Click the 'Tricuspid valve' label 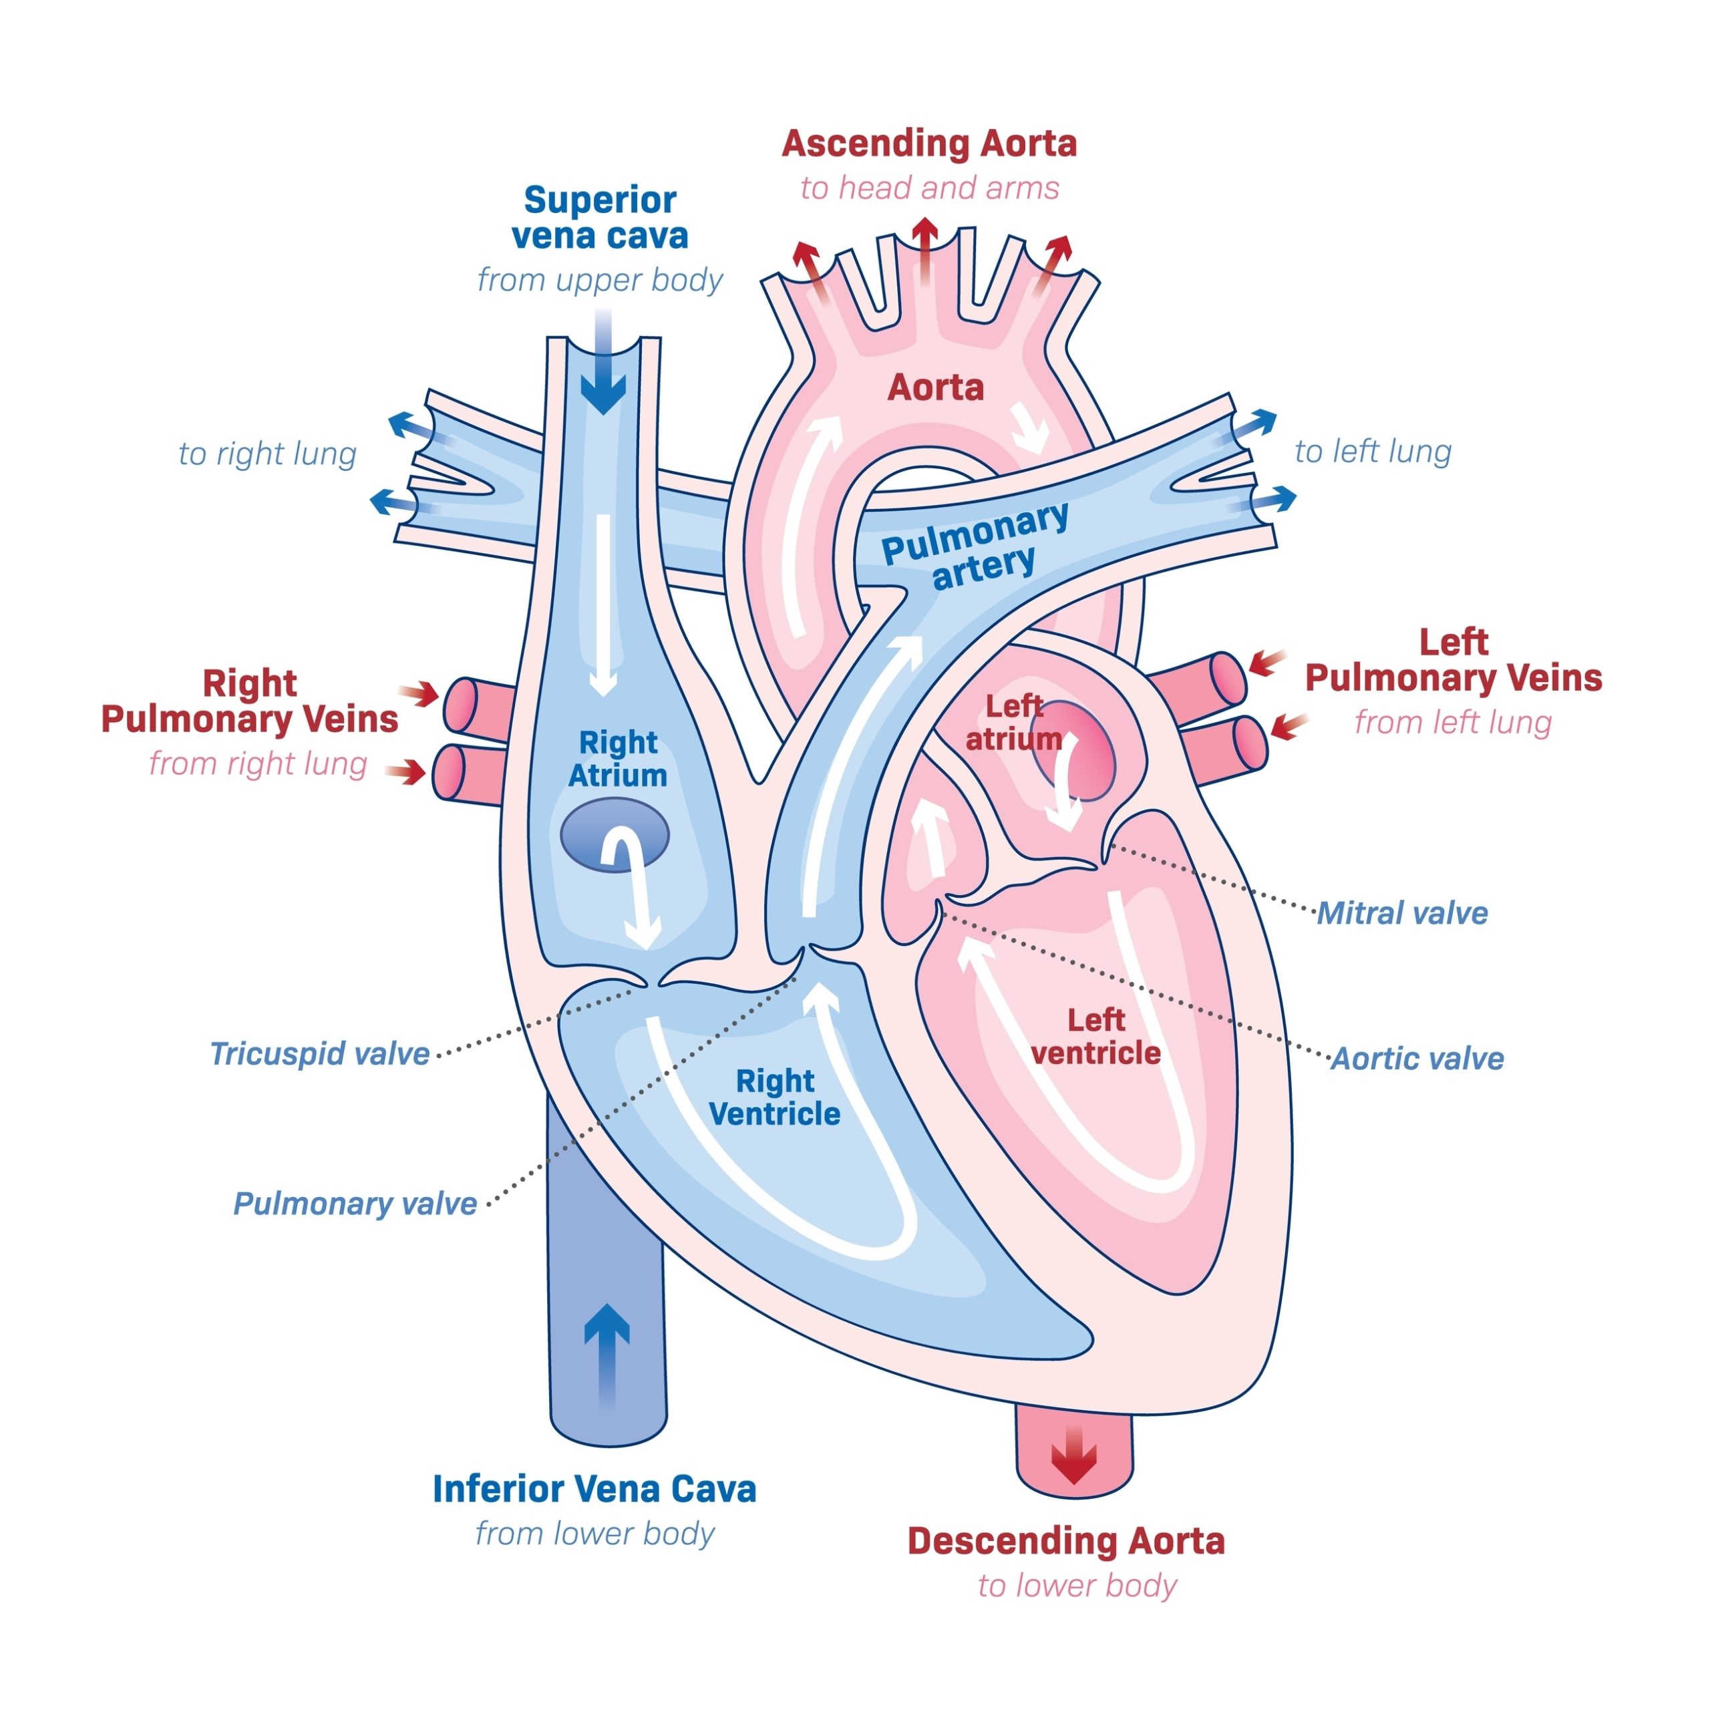(319, 1054)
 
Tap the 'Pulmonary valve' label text (355, 1204)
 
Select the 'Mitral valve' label (1402, 913)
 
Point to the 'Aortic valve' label (1417, 1059)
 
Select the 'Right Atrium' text (618, 759)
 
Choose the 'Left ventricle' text (1095, 1037)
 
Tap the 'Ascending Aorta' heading (928, 144)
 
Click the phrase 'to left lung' (1373, 452)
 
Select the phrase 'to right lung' (267, 454)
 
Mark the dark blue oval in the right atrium (615, 835)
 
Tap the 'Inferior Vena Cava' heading (594, 1489)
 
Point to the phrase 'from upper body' (599, 280)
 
